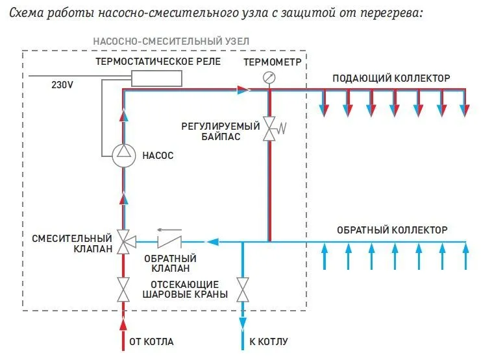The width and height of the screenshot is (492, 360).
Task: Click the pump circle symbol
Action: [123, 155]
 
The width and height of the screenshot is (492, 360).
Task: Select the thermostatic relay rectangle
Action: [156, 78]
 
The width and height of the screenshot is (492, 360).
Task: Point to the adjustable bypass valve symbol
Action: [269, 128]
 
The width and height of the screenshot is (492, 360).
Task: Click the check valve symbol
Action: [171, 242]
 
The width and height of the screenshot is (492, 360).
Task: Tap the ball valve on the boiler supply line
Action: [123, 289]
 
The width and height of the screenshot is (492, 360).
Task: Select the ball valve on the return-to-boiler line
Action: [243, 289]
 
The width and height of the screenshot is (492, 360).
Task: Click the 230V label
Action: [62, 84]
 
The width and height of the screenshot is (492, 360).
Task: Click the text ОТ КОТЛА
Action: [152, 341]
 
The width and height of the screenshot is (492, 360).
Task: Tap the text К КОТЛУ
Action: [268, 341]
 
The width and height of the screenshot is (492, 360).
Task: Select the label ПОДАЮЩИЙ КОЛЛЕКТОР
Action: [391, 78]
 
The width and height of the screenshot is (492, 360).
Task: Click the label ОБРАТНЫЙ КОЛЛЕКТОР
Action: [392, 230]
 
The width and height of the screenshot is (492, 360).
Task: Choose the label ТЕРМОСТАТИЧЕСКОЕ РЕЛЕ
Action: [158, 62]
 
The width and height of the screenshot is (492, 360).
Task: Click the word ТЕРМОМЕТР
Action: [273, 62]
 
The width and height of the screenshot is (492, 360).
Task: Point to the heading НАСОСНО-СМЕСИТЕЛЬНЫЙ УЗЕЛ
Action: [171, 41]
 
